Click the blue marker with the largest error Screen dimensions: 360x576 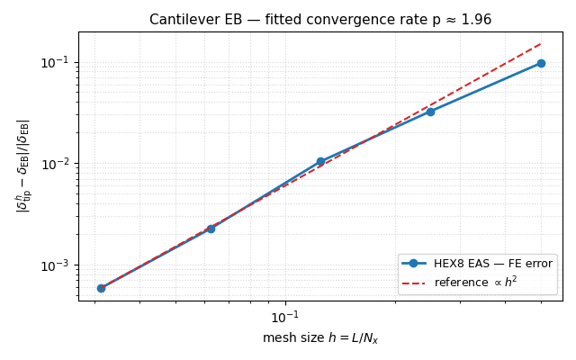point(541,63)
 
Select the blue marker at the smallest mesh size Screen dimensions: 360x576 point(101,288)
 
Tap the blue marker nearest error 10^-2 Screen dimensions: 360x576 point(320,162)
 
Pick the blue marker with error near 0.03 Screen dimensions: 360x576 point(430,112)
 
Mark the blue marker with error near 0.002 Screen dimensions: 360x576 point(211,229)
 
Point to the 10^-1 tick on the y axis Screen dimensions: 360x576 point(78,62)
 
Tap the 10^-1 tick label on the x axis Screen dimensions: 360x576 point(285,317)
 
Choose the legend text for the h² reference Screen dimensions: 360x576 point(475,282)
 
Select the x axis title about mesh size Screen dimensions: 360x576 point(320,338)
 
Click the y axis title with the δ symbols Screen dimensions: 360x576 point(22,166)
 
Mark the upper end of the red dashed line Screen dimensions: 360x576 point(541,43)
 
